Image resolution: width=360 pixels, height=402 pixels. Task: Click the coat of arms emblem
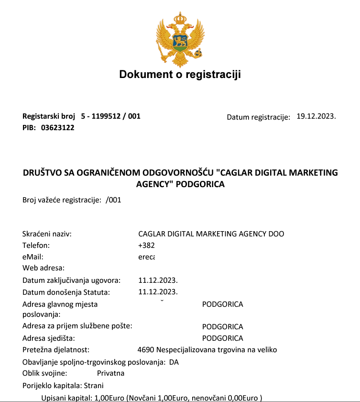coord(180,39)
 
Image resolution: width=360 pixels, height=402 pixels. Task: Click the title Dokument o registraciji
coord(180,75)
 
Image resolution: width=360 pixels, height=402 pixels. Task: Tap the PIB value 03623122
coord(58,128)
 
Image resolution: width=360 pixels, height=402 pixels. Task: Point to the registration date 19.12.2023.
coord(316,116)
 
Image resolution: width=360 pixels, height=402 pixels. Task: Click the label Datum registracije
coord(258,117)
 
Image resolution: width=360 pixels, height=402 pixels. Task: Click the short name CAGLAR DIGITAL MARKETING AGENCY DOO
coord(211,234)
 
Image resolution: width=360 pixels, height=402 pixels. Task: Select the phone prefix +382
coord(146,246)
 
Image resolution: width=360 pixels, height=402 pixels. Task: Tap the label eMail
coord(33,257)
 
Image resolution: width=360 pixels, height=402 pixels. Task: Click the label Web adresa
coord(44,268)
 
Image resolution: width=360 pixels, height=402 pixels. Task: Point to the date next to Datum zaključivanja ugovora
coord(158,280)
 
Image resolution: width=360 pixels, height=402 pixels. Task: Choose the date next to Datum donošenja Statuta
coord(158,291)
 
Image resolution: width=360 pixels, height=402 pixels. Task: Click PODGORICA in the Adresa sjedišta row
coord(223,338)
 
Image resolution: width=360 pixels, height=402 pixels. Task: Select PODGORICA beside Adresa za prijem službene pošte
coord(223,327)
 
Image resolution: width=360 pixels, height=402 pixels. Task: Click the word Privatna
coord(111,373)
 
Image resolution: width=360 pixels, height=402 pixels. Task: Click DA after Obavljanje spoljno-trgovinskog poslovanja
coord(174,362)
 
